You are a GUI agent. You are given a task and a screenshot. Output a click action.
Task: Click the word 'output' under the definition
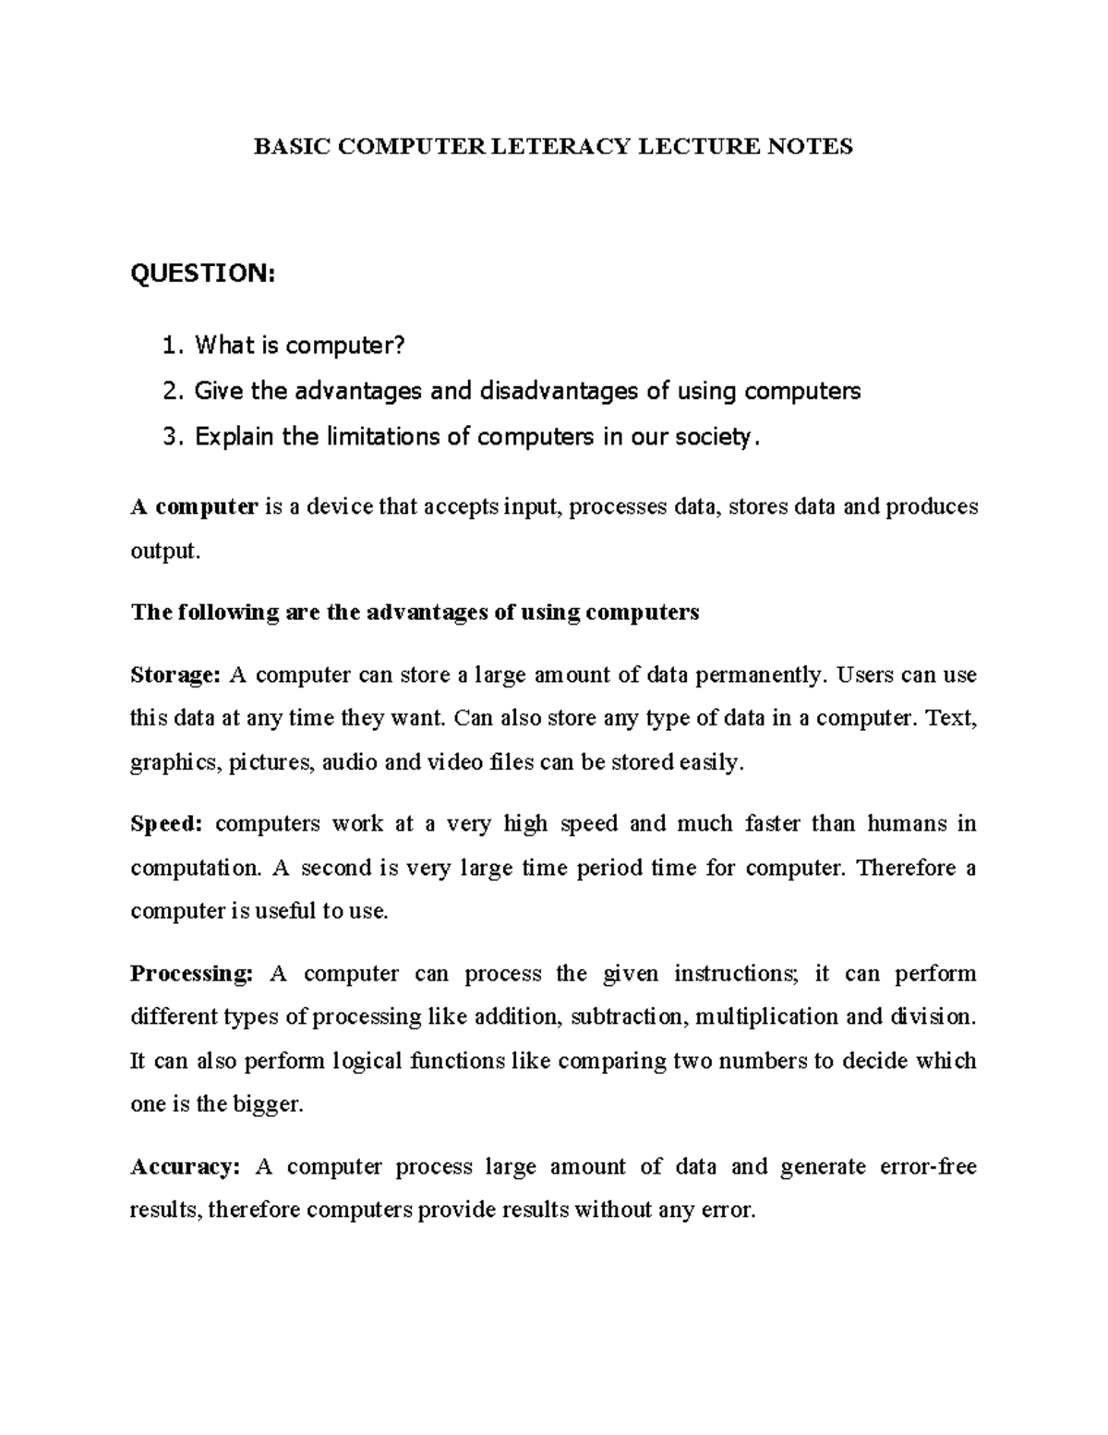click(163, 552)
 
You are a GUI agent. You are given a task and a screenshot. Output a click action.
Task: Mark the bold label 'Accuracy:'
click(185, 1167)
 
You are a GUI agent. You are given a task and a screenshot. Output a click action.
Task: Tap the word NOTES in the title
click(812, 146)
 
